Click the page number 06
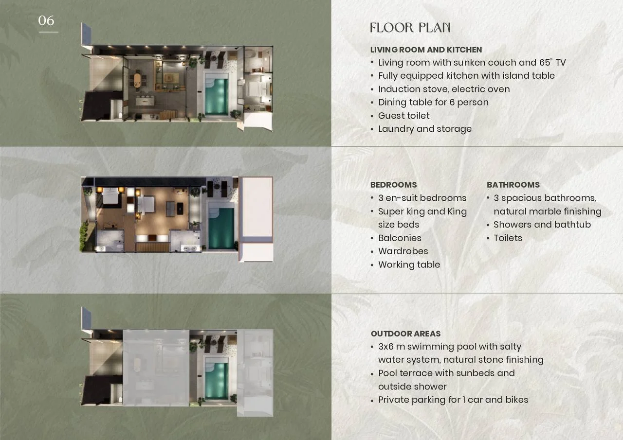pyautogui.click(x=46, y=20)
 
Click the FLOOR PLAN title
pyautogui.click(x=410, y=28)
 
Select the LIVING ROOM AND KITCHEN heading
pyautogui.click(x=426, y=50)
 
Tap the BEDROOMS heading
pyautogui.click(x=393, y=185)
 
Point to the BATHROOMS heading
pyautogui.click(x=513, y=185)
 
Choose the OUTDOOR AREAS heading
pyautogui.click(x=405, y=334)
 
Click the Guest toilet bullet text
pyautogui.click(x=403, y=116)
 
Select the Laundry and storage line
pyautogui.click(x=425, y=129)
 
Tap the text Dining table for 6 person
pyautogui.click(x=433, y=102)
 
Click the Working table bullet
pyautogui.click(x=409, y=264)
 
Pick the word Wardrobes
pyautogui.click(x=403, y=251)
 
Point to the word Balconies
pyautogui.click(x=400, y=238)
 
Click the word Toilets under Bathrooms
pyautogui.click(x=508, y=238)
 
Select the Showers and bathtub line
pyautogui.click(x=542, y=225)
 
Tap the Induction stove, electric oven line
pyautogui.click(x=444, y=89)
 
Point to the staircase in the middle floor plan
pyautogui.click(x=152, y=247)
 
